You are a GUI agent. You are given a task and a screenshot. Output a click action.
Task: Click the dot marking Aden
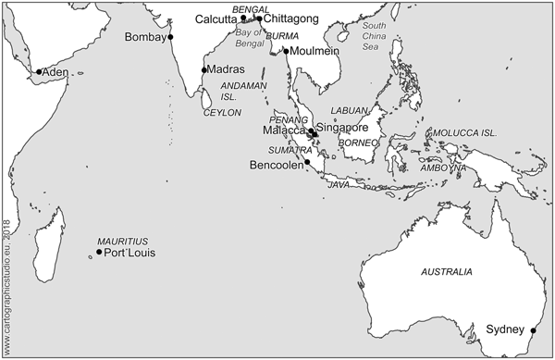tap(39, 72)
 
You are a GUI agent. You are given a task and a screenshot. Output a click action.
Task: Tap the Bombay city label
tap(144, 38)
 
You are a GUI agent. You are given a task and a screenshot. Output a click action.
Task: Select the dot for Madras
tap(203, 69)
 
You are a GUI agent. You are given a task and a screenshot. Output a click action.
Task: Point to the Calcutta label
tap(216, 19)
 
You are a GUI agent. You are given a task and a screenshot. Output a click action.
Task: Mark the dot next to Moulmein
tap(287, 51)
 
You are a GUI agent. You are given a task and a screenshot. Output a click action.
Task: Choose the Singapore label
tap(343, 127)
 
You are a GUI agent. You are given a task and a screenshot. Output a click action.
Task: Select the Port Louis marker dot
tap(99, 252)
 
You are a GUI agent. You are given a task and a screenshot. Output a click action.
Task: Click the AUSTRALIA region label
tap(447, 272)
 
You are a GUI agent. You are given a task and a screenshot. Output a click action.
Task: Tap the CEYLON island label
tap(221, 112)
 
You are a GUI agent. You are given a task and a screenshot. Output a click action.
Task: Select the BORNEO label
tap(358, 143)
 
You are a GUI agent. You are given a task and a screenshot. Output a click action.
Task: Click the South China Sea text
tap(375, 35)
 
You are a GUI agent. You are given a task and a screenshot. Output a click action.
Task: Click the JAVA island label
tap(339, 185)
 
